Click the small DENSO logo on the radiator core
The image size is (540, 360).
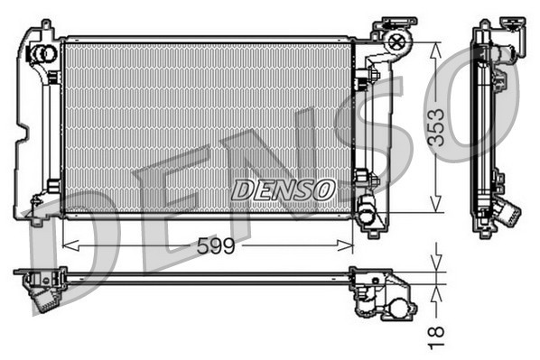click(284, 189)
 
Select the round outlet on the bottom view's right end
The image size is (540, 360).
click(397, 312)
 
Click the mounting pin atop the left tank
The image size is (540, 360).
click(44, 24)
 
